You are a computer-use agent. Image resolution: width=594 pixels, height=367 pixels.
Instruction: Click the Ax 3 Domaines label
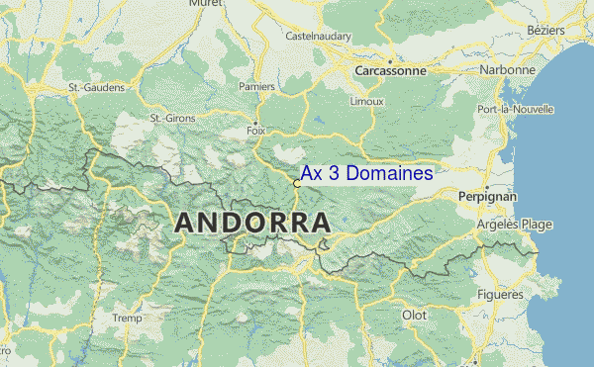(x=366, y=173)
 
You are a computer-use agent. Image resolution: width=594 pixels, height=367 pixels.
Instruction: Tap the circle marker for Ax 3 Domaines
(x=297, y=183)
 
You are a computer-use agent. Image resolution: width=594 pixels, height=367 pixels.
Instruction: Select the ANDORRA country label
(x=252, y=223)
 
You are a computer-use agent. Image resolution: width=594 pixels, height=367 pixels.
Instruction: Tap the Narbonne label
(x=508, y=70)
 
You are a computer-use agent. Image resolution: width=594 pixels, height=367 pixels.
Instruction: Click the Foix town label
(x=255, y=130)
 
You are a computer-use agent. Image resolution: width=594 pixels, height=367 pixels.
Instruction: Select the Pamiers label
(x=256, y=86)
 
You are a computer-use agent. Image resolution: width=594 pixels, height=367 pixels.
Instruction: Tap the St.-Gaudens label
(x=96, y=87)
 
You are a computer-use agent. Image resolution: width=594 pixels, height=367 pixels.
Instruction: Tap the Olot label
(x=413, y=315)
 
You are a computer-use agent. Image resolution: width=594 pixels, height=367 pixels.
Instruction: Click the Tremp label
(x=127, y=318)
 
